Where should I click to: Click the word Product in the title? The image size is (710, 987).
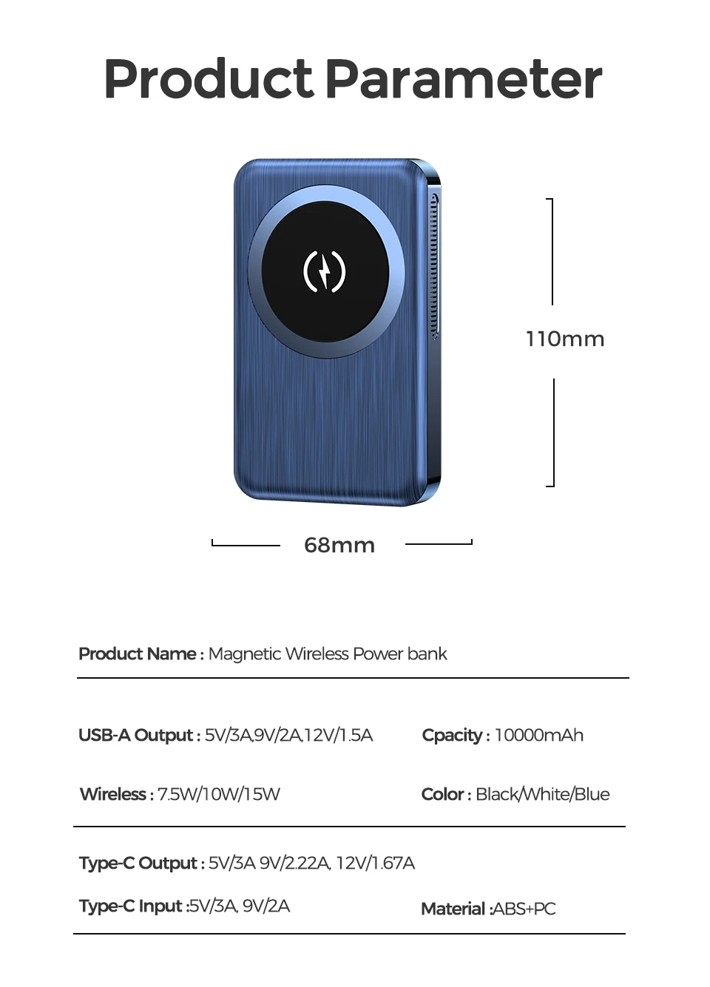point(209,79)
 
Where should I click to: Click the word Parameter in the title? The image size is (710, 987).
point(463,79)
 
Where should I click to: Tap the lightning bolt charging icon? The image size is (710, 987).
point(325,271)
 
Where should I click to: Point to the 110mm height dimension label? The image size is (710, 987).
point(565,339)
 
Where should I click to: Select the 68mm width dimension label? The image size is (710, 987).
point(339,546)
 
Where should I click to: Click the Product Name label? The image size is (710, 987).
point(138,654)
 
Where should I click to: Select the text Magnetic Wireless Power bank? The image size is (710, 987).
point(328,654)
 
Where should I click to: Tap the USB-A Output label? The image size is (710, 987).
point(136,736)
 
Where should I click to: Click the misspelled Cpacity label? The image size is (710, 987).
point(452,736)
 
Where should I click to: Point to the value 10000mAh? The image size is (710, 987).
point(539,736)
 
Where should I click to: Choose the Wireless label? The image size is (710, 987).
point(113,795)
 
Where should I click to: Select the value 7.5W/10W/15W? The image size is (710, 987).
point(219,795)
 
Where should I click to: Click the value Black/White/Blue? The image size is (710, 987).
point(543,795)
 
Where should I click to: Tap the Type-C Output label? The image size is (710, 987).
point(138,864)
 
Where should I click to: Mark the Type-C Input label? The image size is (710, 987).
point(131,906)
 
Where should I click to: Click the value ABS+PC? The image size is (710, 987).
point(524,909)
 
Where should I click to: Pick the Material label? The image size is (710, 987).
point(453,909)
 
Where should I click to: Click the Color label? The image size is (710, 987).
point(442,795)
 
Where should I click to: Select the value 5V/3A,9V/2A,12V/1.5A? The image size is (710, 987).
point(289,736)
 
